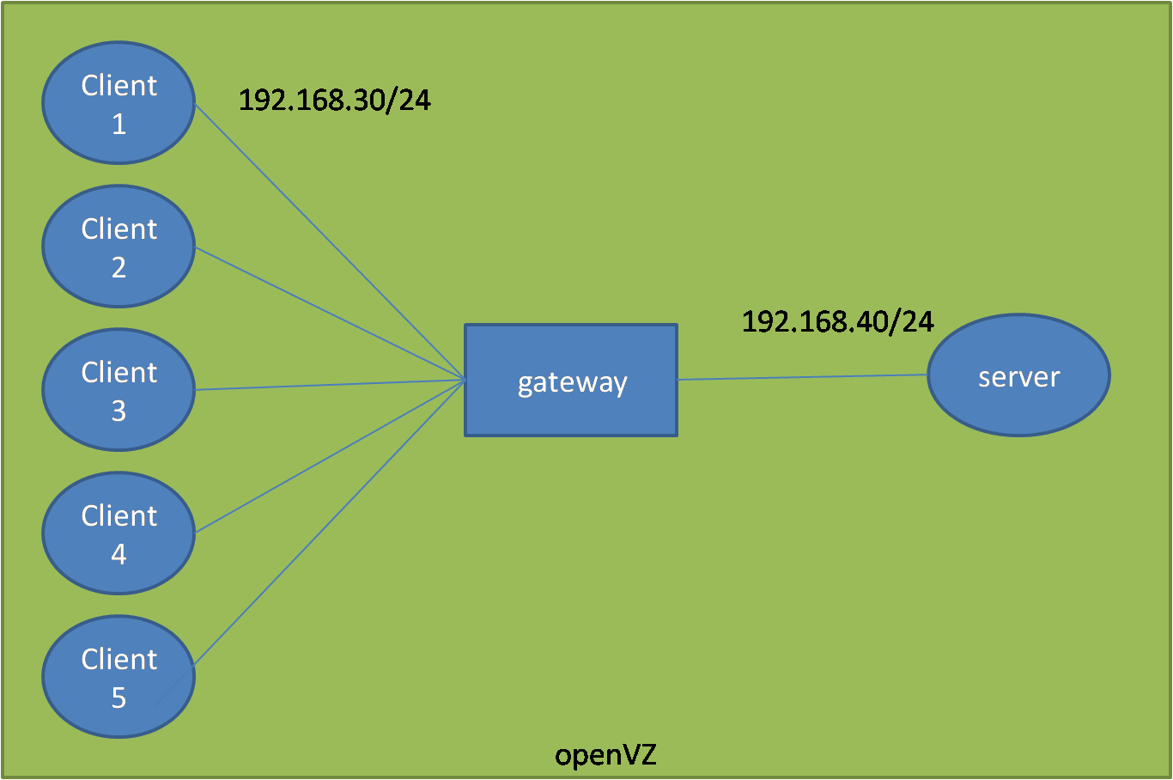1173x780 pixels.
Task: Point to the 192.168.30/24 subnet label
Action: pos(334,101)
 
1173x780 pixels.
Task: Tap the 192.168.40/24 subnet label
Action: pos(837,321)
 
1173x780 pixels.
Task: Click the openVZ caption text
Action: pos(605,755)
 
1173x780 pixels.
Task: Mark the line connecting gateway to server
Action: pos(803,377)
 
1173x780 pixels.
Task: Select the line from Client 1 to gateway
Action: pos(330,241)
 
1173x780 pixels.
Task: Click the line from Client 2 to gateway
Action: pos(330,313)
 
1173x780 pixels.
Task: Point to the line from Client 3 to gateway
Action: pos(330,385)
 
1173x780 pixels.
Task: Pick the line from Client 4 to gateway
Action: pos(330,456)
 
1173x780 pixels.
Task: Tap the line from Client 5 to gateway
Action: pos(330,522)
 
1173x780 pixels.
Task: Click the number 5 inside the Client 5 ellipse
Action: pos(119,698)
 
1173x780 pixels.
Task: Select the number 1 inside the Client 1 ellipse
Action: pos(119,125)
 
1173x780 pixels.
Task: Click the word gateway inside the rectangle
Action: pos(572,382)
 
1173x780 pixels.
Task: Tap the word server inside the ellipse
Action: pos(1018,376)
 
